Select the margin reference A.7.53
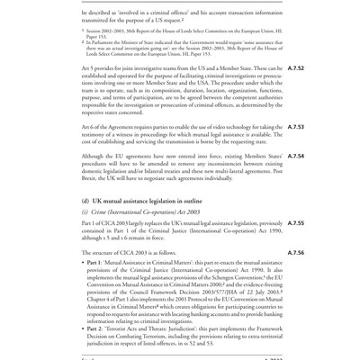(x=330, y=153)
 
